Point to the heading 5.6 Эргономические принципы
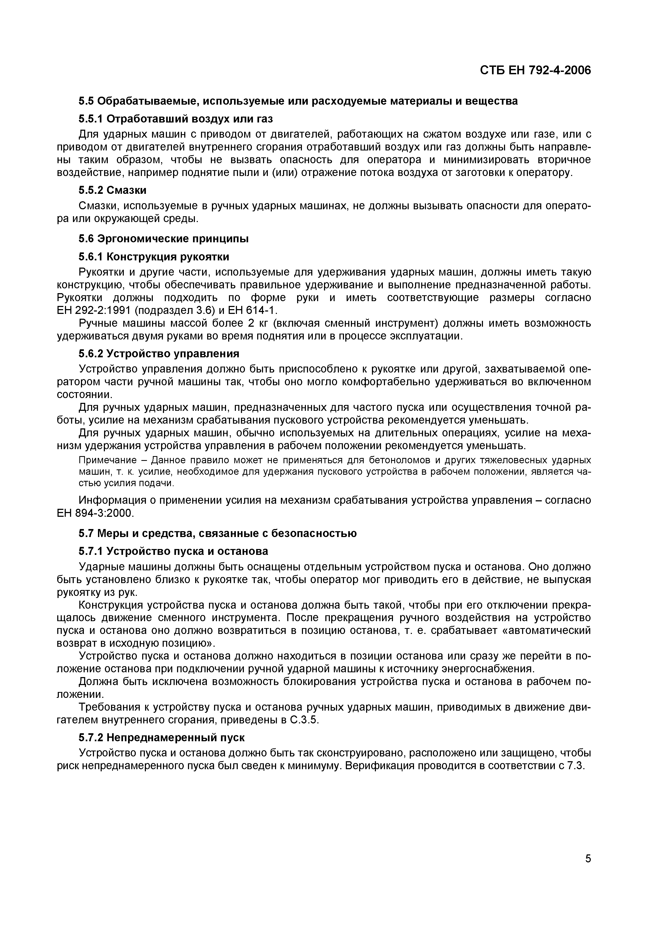click(x=163, y=239)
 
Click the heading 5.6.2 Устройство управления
click(x=159, y=354)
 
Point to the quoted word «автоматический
click(x=541, y=631)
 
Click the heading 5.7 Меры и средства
click(x=218, y=533)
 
